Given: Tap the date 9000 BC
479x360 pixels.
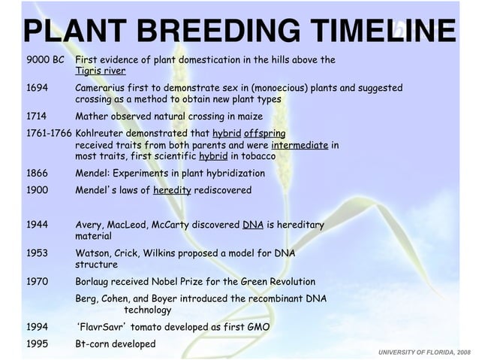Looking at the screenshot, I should point(45,59).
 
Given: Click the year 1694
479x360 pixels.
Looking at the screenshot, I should point(38,88).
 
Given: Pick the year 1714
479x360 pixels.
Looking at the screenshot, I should point(38,116).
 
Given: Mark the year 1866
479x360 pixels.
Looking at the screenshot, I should point(38,173).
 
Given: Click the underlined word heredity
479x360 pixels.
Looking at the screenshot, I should point(172,190).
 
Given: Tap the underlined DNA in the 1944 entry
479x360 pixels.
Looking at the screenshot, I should point(252,224).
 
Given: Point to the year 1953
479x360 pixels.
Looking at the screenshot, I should point(38,253).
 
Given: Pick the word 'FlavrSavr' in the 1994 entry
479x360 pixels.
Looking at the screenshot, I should point(106,328).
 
